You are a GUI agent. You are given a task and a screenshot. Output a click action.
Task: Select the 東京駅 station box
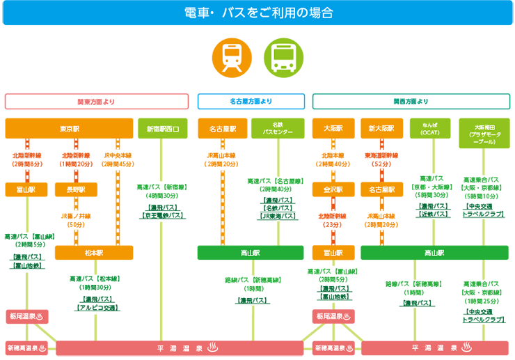69,129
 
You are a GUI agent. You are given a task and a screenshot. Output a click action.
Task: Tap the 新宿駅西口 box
164,129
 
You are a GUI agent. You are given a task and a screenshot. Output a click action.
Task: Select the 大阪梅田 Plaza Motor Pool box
483,132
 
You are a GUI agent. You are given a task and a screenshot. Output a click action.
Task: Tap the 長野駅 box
76,189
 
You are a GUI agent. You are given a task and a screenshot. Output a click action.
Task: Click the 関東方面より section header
96,102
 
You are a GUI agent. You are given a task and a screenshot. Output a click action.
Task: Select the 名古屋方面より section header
251,102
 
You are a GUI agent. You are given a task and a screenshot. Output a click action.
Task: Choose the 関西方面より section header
411,102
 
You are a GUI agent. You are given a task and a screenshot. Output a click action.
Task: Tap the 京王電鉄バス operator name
163,216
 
